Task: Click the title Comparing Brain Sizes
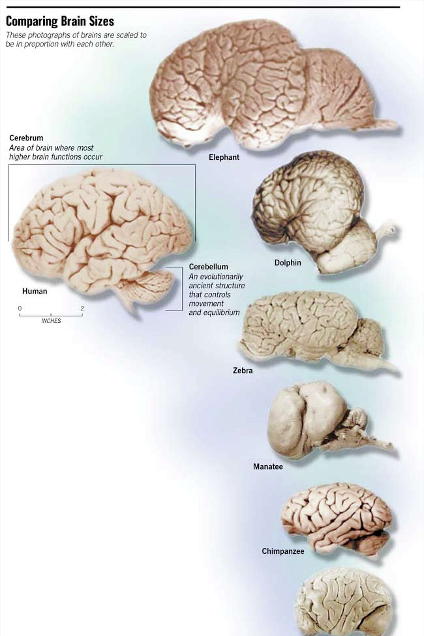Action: [60, 21]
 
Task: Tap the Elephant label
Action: [224, 157]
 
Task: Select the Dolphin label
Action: [288, 263]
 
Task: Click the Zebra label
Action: [242, 371]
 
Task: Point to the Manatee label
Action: [268, 467]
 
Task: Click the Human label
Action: [35, 291]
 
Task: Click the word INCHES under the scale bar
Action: [51, 321]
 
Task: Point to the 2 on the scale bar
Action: [82, 308]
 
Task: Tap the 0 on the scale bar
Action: [20, 308]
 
